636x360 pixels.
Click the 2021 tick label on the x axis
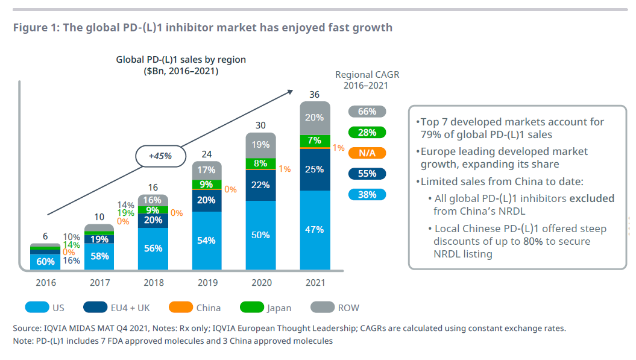315,283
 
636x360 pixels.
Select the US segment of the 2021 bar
315,230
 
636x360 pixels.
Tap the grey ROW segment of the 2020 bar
260,145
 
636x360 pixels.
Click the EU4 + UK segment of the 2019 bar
206,200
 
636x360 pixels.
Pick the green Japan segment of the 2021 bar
315,141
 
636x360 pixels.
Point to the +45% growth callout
159,156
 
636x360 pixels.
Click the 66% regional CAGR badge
367,112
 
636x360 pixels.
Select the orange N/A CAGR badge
367,153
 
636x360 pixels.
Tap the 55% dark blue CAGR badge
367,174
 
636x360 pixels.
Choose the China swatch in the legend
180,308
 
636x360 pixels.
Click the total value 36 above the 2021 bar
314,94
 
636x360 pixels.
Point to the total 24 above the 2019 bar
206,154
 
